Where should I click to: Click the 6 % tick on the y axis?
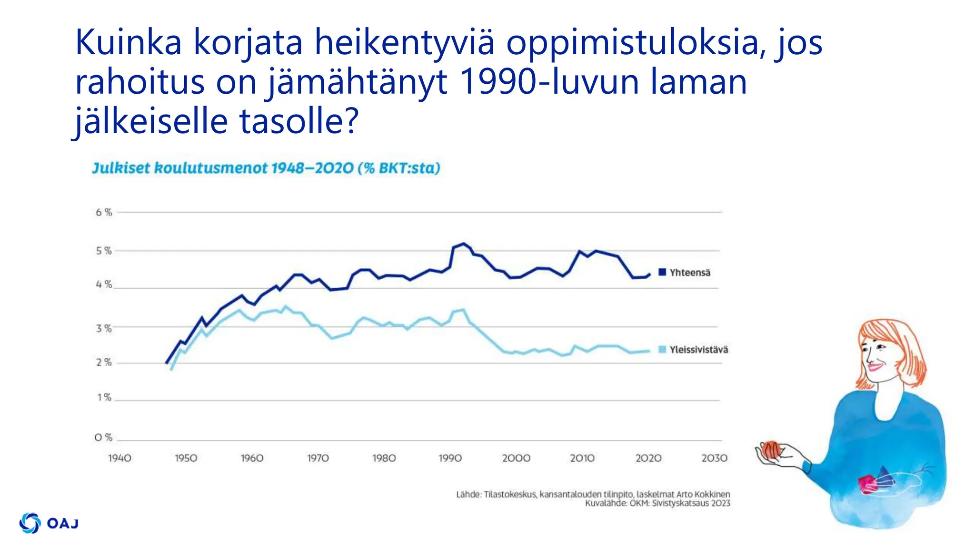coord(104,212)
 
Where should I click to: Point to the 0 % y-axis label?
coord(103,437)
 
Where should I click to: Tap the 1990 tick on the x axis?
coord(450,458)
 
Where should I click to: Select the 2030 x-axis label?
coord(714,458)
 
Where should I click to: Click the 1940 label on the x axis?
coord(119,458)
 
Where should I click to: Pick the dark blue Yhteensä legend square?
coord(662,272)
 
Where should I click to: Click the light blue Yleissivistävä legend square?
coord(662,349)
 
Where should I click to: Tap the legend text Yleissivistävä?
coord(698,350)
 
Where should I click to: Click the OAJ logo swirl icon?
coord(30,523)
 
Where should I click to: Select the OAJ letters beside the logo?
coord(63,523)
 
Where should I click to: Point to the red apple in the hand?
coord(770,450)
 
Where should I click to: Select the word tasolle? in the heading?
coord(298,121)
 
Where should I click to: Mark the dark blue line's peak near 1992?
coord(464,244)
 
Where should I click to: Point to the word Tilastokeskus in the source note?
coord(509,494)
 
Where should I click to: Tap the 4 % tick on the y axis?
coord(104,284)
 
